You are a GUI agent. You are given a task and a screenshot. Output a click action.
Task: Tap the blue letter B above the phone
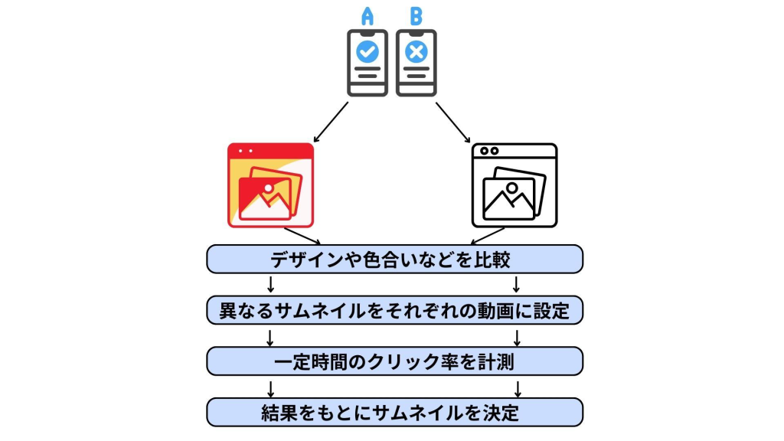[416, 16]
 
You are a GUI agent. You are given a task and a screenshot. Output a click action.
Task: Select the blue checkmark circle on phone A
[368, 52]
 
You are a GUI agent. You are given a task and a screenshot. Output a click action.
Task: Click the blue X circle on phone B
[416, 52]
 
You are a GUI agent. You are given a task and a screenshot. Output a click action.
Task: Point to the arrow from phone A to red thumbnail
[331, 122]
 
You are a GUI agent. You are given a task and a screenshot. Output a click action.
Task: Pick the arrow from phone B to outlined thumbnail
[453, 122]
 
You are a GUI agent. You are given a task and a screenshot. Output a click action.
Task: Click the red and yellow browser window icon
[270, 185]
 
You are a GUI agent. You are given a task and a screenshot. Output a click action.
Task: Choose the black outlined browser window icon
[514, 185]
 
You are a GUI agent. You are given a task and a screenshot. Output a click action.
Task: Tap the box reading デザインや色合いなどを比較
[394, 259]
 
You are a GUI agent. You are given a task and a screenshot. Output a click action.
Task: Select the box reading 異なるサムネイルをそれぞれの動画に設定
[394, 310]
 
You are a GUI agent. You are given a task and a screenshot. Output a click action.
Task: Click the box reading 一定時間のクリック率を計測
[394, 361]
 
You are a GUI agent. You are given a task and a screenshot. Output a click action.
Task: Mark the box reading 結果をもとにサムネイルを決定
[394, 412]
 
